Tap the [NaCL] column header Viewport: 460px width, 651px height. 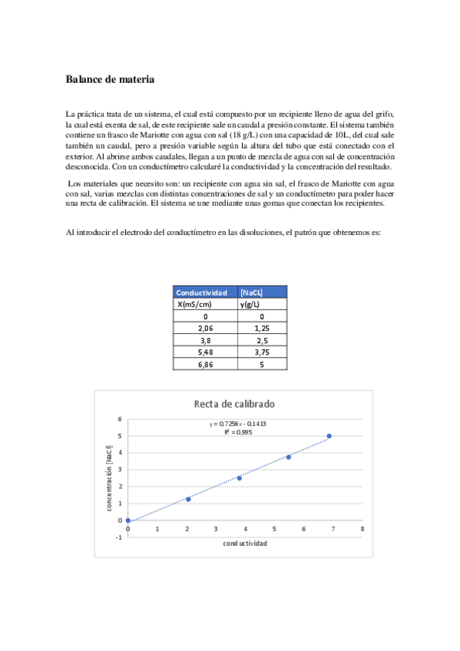[252, 292]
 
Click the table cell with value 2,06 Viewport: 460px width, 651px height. [205, 327]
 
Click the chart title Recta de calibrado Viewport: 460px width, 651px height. [234, 404]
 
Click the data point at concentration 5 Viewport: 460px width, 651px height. [329, 436]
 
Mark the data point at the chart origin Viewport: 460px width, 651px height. [128, 520]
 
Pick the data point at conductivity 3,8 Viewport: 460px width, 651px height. [239, 478]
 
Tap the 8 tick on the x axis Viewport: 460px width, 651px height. [362, 529]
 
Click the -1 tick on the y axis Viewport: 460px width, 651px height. [119, 537]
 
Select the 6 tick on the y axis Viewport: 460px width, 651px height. [120, 419]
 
